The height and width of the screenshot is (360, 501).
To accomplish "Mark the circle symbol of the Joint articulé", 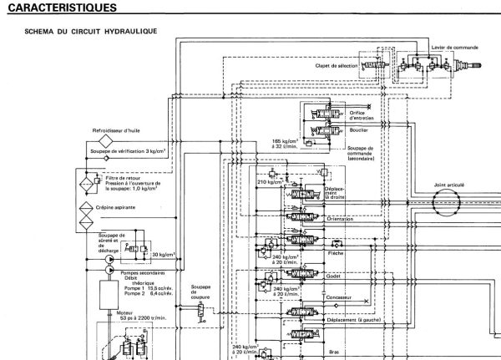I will [446, 201].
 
